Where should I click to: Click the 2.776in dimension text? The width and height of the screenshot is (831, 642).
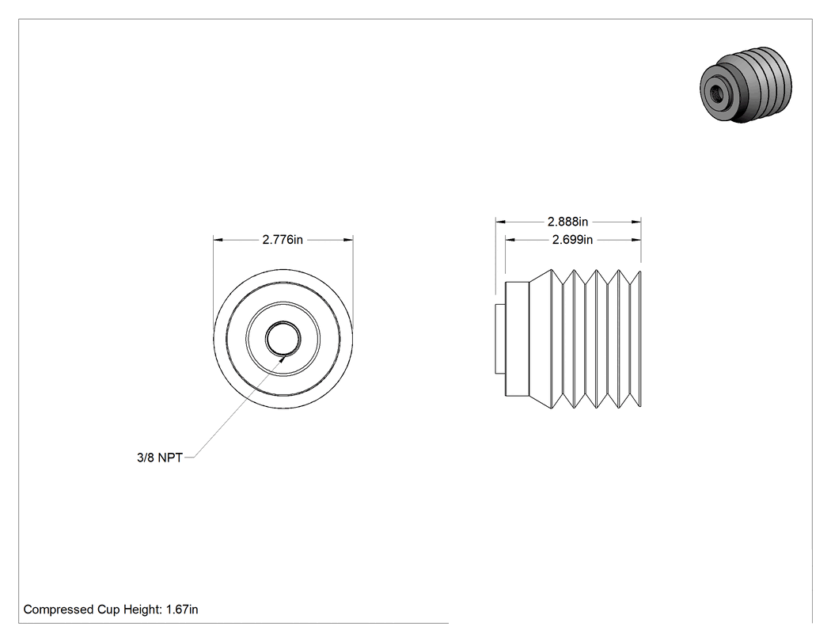(283, 240)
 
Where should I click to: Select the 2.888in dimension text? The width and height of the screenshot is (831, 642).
(567, 222)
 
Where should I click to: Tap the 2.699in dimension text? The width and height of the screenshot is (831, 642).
(572, 240)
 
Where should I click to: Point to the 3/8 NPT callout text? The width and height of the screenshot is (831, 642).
(160, 458)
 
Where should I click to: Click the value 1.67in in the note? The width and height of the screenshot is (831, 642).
(182, 610)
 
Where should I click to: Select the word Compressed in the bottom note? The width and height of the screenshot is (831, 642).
(59, 610)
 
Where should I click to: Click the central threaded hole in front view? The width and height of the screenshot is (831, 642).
(283, 339)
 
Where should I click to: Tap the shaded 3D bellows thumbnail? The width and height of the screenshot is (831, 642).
(746, 85)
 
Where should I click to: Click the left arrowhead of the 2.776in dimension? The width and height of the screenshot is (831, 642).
(218, 240)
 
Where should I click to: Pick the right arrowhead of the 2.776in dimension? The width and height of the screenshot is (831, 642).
(348, 240)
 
